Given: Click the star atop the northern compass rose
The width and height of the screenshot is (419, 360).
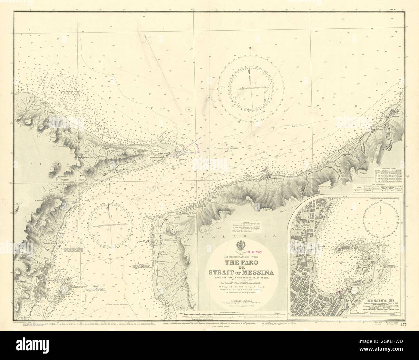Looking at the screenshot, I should [250, 49].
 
